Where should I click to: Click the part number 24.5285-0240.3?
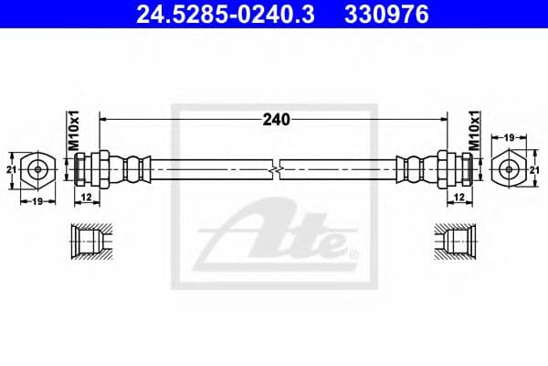226,15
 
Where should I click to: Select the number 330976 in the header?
386,15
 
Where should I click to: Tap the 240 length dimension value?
276,120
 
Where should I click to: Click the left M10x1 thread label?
74,131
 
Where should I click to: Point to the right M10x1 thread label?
474,131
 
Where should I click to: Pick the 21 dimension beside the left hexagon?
11,170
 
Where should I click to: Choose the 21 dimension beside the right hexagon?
534,170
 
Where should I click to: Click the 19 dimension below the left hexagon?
37,201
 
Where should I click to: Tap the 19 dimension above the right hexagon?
509,137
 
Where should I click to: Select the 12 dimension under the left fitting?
87,198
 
